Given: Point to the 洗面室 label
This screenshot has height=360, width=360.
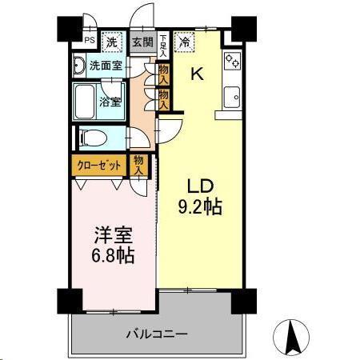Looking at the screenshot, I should pos(106,66).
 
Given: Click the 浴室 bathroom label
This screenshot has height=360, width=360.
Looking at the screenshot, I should pos(110,102).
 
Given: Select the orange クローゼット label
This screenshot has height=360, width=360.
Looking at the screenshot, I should pos(100,166).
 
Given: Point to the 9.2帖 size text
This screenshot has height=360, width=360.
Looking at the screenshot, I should pos(200,206).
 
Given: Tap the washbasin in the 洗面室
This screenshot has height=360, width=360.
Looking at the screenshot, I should pos(80,66).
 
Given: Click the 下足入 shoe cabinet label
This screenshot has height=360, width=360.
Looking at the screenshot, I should pos(162,46).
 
